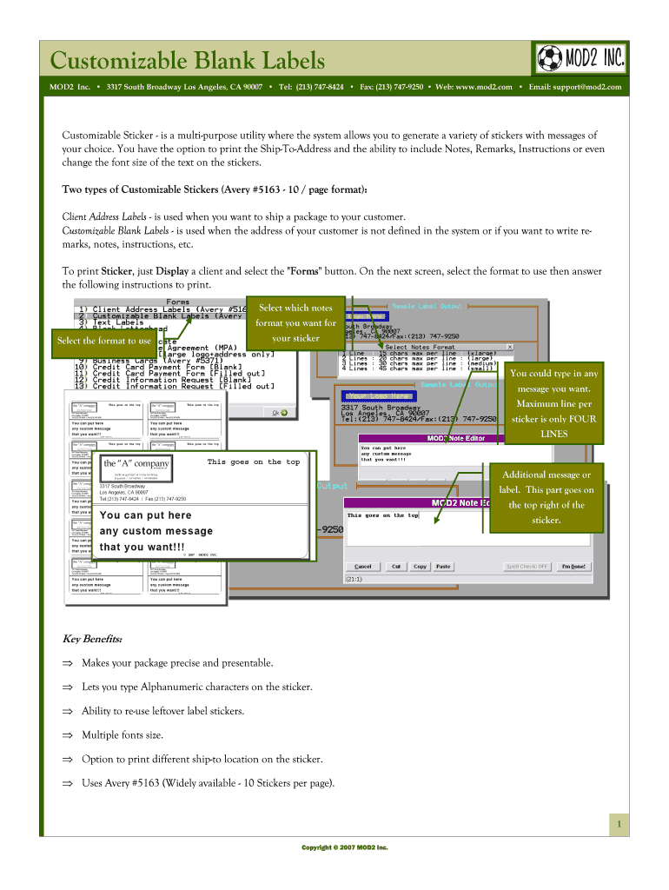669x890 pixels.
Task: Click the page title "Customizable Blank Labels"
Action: (188, 61)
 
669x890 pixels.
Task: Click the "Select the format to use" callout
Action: (104, 341)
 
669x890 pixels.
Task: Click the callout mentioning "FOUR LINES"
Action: (553, 403)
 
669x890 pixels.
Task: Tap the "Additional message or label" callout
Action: (546, 497)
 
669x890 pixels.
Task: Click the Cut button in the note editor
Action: (396, 567)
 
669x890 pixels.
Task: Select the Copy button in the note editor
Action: (420, 567)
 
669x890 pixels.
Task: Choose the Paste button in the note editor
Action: (443, 567)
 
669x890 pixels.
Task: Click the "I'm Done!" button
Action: (573, 567)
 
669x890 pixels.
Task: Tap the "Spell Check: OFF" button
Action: (527, 567)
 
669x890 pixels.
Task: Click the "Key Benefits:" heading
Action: (92, 640)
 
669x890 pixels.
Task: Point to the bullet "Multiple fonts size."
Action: (123, 734)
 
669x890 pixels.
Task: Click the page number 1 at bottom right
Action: (619, 824)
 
